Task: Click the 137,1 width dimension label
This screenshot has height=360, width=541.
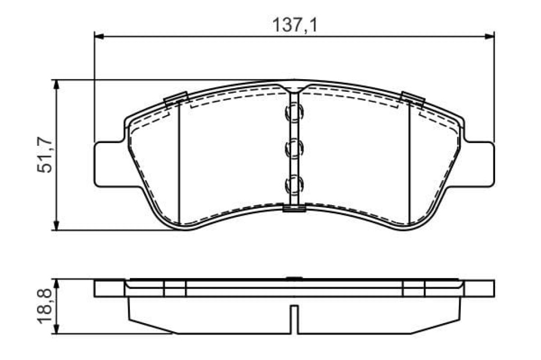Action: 295,25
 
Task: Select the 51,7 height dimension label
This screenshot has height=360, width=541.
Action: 45,155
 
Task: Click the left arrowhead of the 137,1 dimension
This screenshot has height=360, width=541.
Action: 99,36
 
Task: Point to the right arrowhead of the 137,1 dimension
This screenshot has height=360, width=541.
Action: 490,36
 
